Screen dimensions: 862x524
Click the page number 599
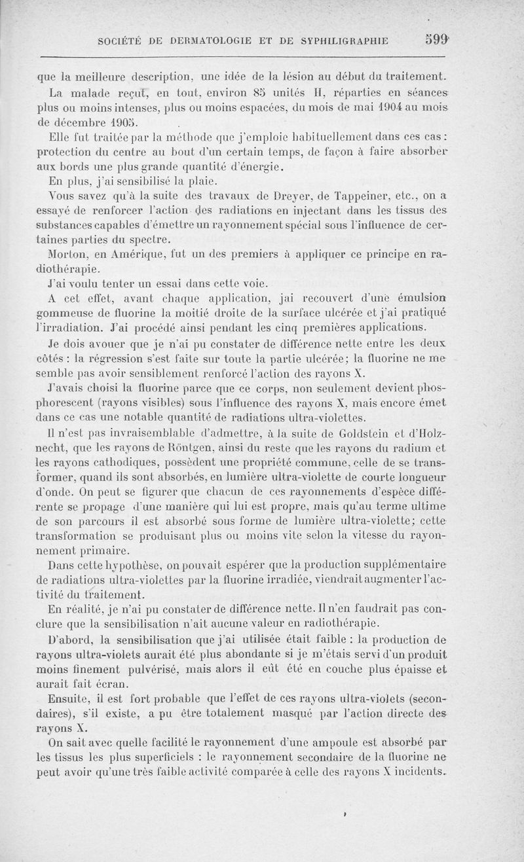[436, 40]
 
